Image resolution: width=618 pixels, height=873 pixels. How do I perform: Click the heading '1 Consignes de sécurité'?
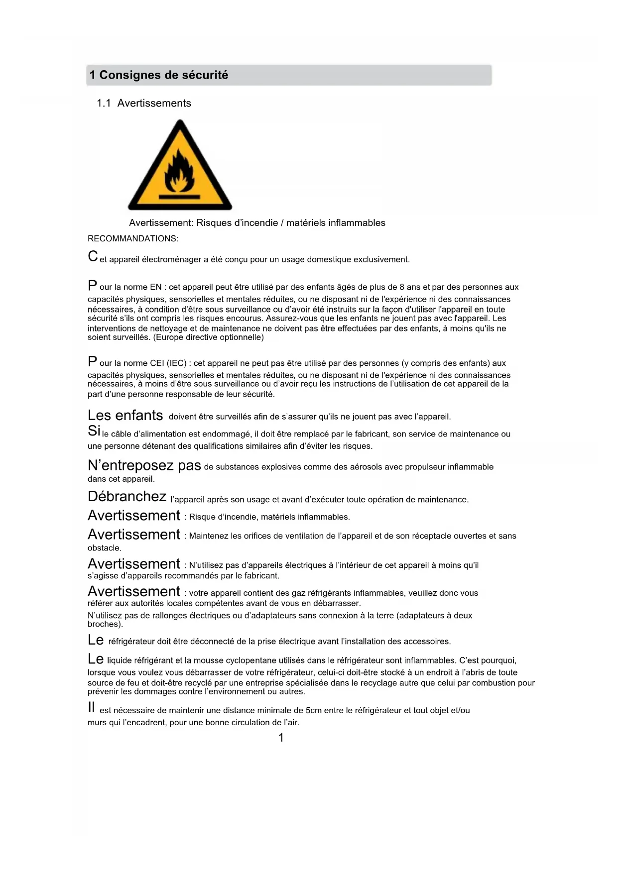point(159,75)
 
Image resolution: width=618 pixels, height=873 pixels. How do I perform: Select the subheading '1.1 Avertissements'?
point(144,103)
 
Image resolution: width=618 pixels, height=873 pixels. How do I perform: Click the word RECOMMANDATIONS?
point(132,238)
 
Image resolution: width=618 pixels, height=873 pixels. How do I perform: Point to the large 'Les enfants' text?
point(125,415)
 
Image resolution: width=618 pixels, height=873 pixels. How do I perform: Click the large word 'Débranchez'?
point(127,497)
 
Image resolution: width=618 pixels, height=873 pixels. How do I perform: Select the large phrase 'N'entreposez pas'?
point(144,465)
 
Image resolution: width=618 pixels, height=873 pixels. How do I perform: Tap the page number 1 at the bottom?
point(281,738)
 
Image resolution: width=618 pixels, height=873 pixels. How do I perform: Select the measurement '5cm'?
point(314,710)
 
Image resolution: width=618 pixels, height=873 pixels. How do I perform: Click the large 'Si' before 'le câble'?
point(94,431)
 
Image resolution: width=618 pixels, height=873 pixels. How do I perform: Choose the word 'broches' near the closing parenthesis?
point(103,624)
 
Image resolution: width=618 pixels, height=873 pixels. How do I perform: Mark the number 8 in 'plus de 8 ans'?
point(402,287)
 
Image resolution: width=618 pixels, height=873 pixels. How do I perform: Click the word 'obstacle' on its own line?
point(104,548)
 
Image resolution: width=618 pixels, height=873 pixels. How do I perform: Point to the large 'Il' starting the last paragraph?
point(91,707)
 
